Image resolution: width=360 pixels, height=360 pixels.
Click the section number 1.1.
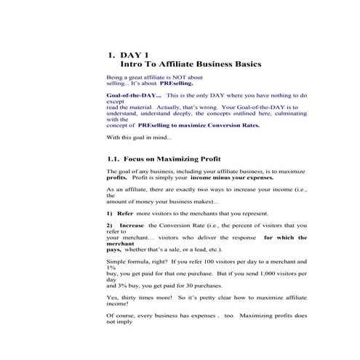(113, 159)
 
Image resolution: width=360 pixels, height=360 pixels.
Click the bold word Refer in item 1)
(125, 214)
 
